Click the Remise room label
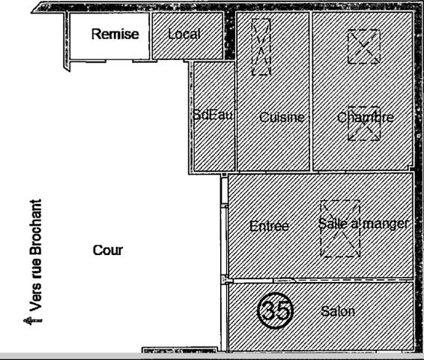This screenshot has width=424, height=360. point(115,34)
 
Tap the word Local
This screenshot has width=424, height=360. point(184,34)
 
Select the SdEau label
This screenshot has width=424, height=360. point(213,115)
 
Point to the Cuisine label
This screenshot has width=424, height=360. point(282,118)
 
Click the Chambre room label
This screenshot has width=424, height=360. point(365,118)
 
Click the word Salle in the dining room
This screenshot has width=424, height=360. point(332,223)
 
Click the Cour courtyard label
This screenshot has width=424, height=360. point(107,250)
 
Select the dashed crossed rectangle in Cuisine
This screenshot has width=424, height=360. point(261,46)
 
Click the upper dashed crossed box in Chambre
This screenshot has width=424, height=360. point(363,46)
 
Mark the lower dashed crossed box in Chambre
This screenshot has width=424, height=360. point(363,123)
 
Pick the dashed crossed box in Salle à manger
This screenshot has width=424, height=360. point(339,229)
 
